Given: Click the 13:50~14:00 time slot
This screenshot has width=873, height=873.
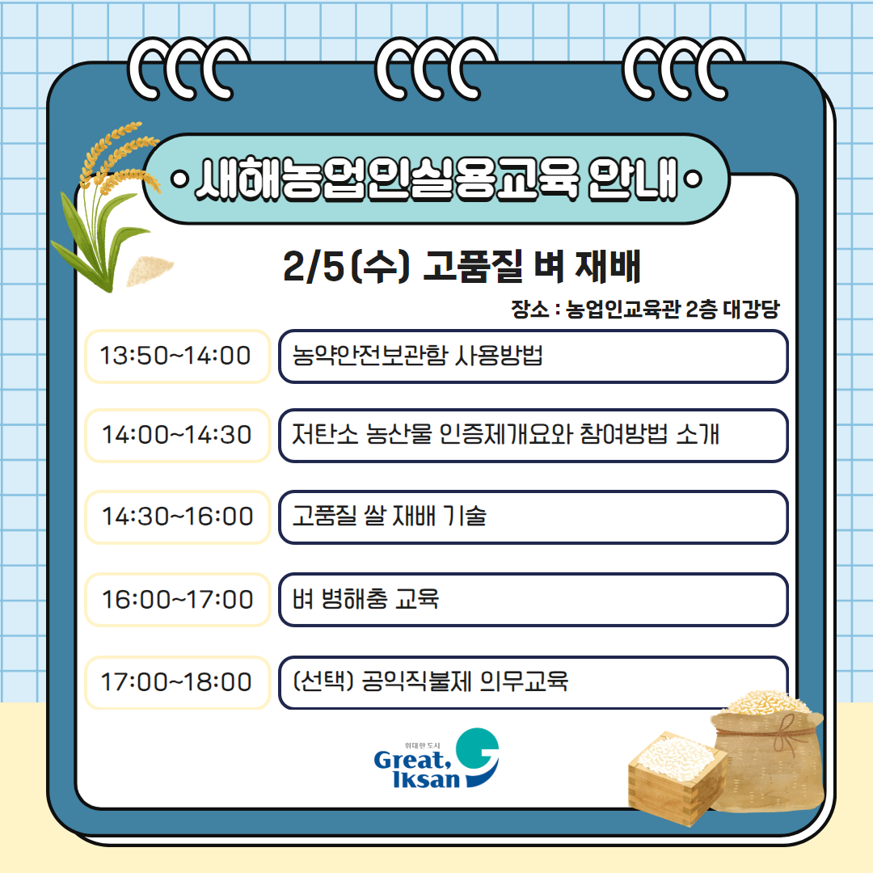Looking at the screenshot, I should (176, 356).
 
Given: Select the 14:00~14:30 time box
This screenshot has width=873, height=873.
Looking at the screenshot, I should (176, 436).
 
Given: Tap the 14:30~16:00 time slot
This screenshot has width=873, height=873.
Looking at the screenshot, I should (176, 517).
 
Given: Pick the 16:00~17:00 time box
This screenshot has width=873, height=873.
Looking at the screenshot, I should (176, 600).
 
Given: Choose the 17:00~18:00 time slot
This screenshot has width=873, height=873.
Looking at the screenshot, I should (176, 682).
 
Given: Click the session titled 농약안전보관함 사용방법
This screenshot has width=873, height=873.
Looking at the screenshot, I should (533, 356).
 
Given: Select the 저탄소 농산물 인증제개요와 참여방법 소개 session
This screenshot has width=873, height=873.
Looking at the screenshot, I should (533, 436).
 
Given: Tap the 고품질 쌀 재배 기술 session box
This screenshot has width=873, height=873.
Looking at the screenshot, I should (533, 517).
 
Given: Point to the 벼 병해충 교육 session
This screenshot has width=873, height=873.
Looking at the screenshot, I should (533, 600).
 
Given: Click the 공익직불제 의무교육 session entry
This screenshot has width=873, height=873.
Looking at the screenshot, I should (533, 682).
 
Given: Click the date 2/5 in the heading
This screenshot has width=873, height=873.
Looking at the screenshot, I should (314, 268).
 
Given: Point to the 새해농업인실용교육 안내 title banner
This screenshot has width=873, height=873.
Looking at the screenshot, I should (436, 179).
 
